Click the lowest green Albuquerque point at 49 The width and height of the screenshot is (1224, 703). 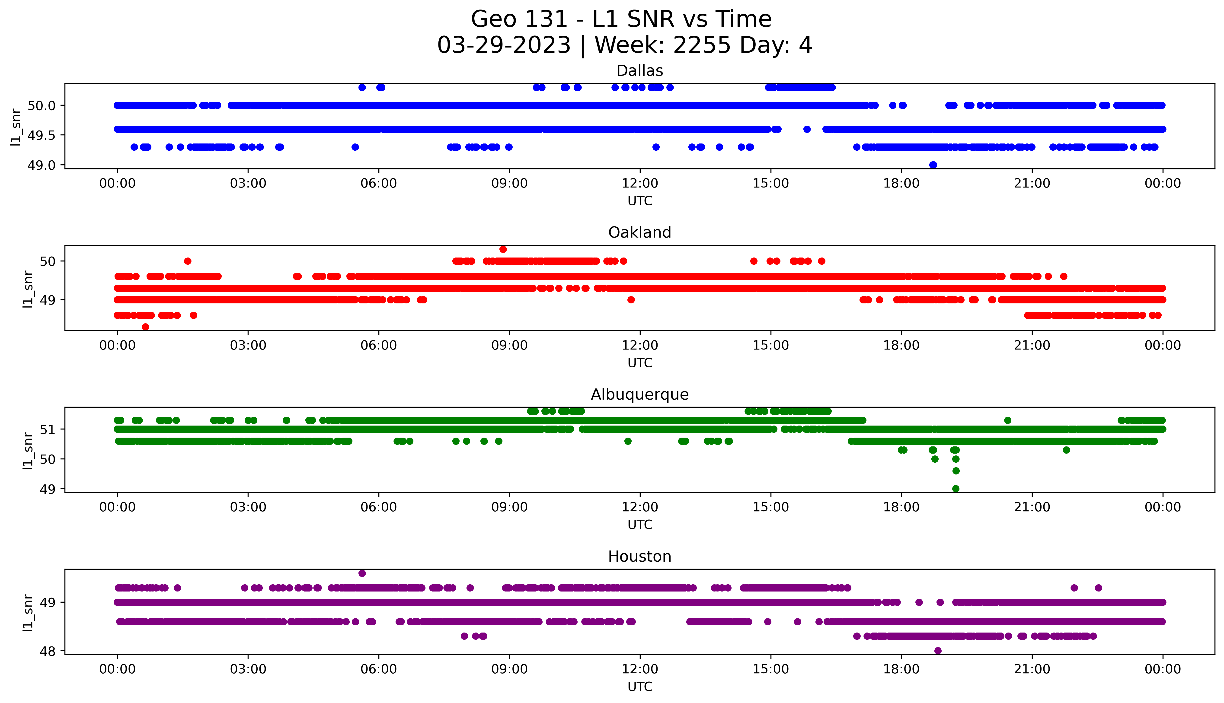pos(956,489)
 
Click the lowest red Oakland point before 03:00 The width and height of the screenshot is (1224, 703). pos(145,327)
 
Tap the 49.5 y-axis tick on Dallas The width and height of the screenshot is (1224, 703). pos(42,135)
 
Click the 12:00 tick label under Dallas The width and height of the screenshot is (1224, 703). pos(640,184)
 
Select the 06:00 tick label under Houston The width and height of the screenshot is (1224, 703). pos(379,669)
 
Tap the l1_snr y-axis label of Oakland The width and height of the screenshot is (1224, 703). pos(28,289)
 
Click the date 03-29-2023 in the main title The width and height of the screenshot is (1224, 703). pos(504,45)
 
